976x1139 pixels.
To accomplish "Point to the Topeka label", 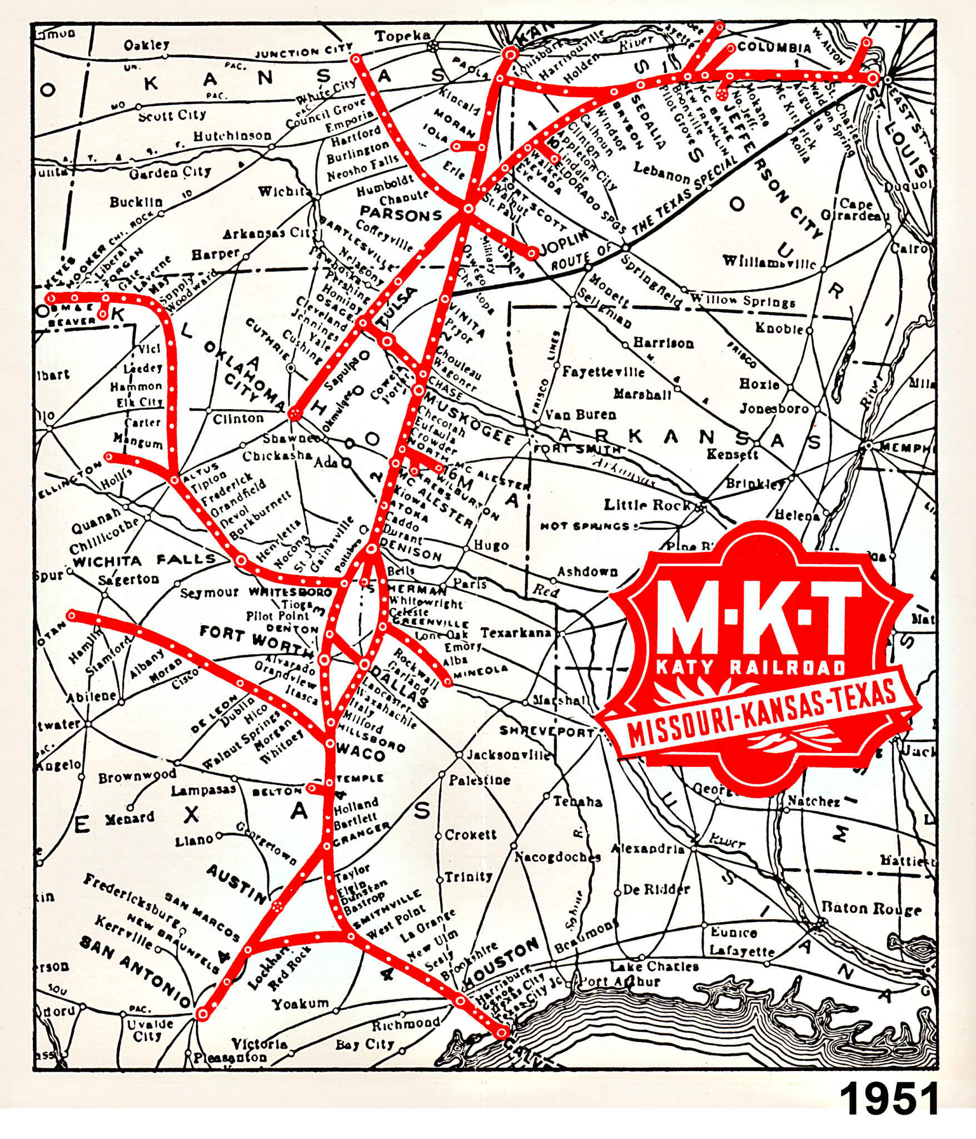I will [402, 36].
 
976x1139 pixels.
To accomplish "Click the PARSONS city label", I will [401, 214].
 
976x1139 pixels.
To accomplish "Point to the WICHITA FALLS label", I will [144, 560].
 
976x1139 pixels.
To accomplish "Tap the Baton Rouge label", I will [871, 909].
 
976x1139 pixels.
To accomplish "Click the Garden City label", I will [170, 172].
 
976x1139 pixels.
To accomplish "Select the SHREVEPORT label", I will [546, 731].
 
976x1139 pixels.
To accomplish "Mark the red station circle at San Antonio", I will [203, 1014].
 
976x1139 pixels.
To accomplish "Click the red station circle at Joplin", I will [532, 253].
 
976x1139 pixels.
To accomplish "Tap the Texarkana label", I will [516, 633].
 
